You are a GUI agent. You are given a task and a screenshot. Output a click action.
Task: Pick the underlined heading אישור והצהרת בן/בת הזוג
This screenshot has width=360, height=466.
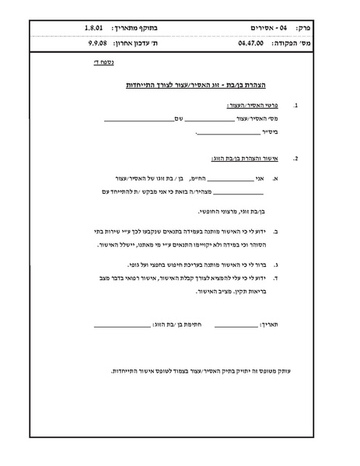click(246, 158)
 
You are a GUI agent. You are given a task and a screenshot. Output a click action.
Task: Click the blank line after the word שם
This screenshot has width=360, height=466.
click(138, 119)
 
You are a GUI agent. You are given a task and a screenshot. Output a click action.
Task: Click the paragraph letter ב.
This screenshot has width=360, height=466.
click(277, 231)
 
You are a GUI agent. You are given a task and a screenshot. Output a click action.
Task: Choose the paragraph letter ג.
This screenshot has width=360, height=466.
click(277, 264)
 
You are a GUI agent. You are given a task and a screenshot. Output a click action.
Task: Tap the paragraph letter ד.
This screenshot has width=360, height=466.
click(277, 277)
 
